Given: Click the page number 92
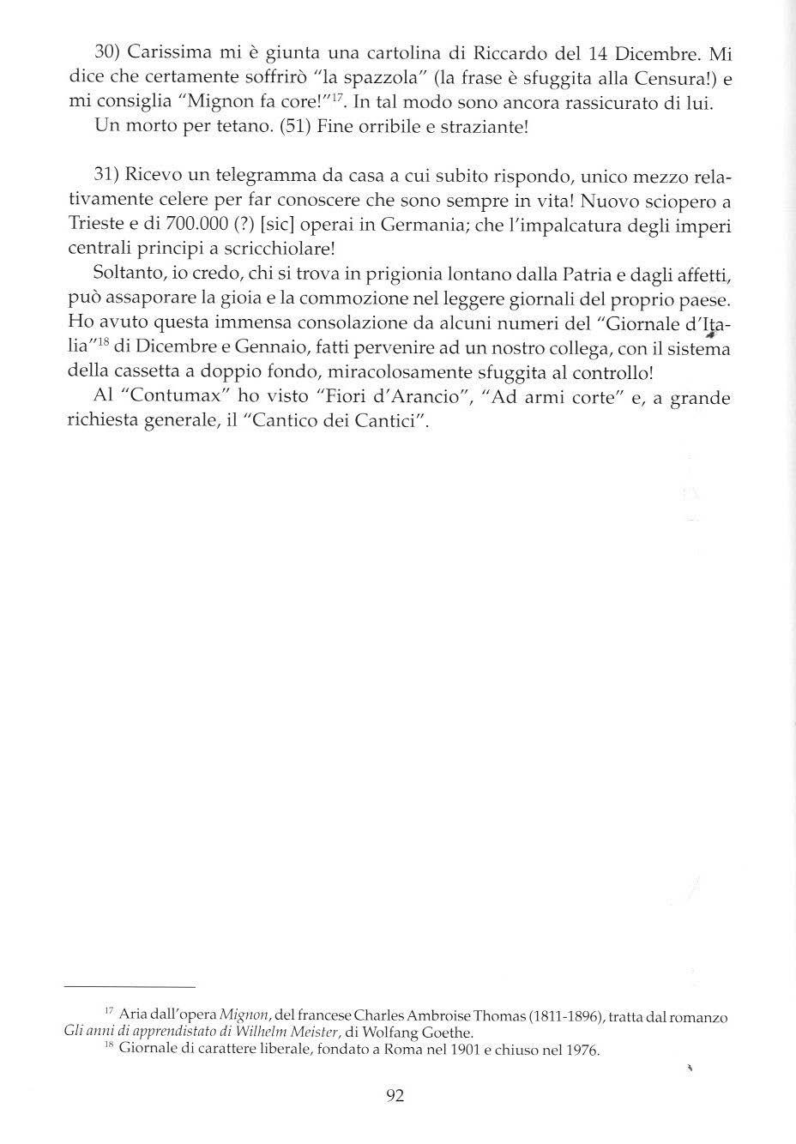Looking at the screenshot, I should [395, 1095].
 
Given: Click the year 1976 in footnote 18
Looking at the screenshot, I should [582, 1050].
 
